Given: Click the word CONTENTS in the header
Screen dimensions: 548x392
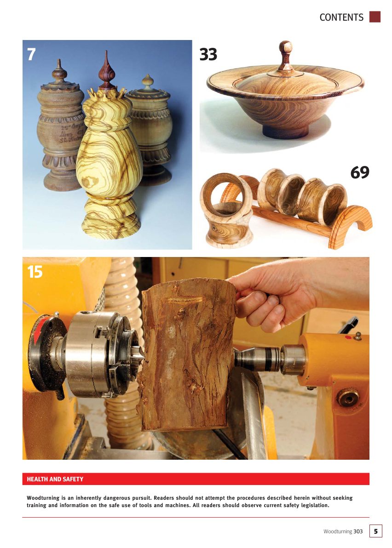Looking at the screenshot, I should point(341,17).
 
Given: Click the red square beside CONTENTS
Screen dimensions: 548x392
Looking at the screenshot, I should point(375,17).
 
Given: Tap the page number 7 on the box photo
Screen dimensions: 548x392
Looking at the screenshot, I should point(31,54).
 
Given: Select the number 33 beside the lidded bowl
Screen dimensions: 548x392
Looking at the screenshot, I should point(208,55).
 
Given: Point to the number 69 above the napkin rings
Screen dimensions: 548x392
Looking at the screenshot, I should point(359,173).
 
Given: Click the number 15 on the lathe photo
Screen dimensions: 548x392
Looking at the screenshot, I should point(35,272).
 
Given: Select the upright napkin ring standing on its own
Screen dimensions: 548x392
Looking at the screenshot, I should point(226,209).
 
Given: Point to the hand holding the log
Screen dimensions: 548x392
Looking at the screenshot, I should point(271,294).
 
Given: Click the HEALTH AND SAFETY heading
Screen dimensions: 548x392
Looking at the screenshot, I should point(55,479).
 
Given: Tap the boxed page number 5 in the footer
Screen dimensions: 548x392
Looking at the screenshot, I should point(375,531).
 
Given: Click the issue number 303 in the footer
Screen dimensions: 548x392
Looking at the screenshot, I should point(358,531).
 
